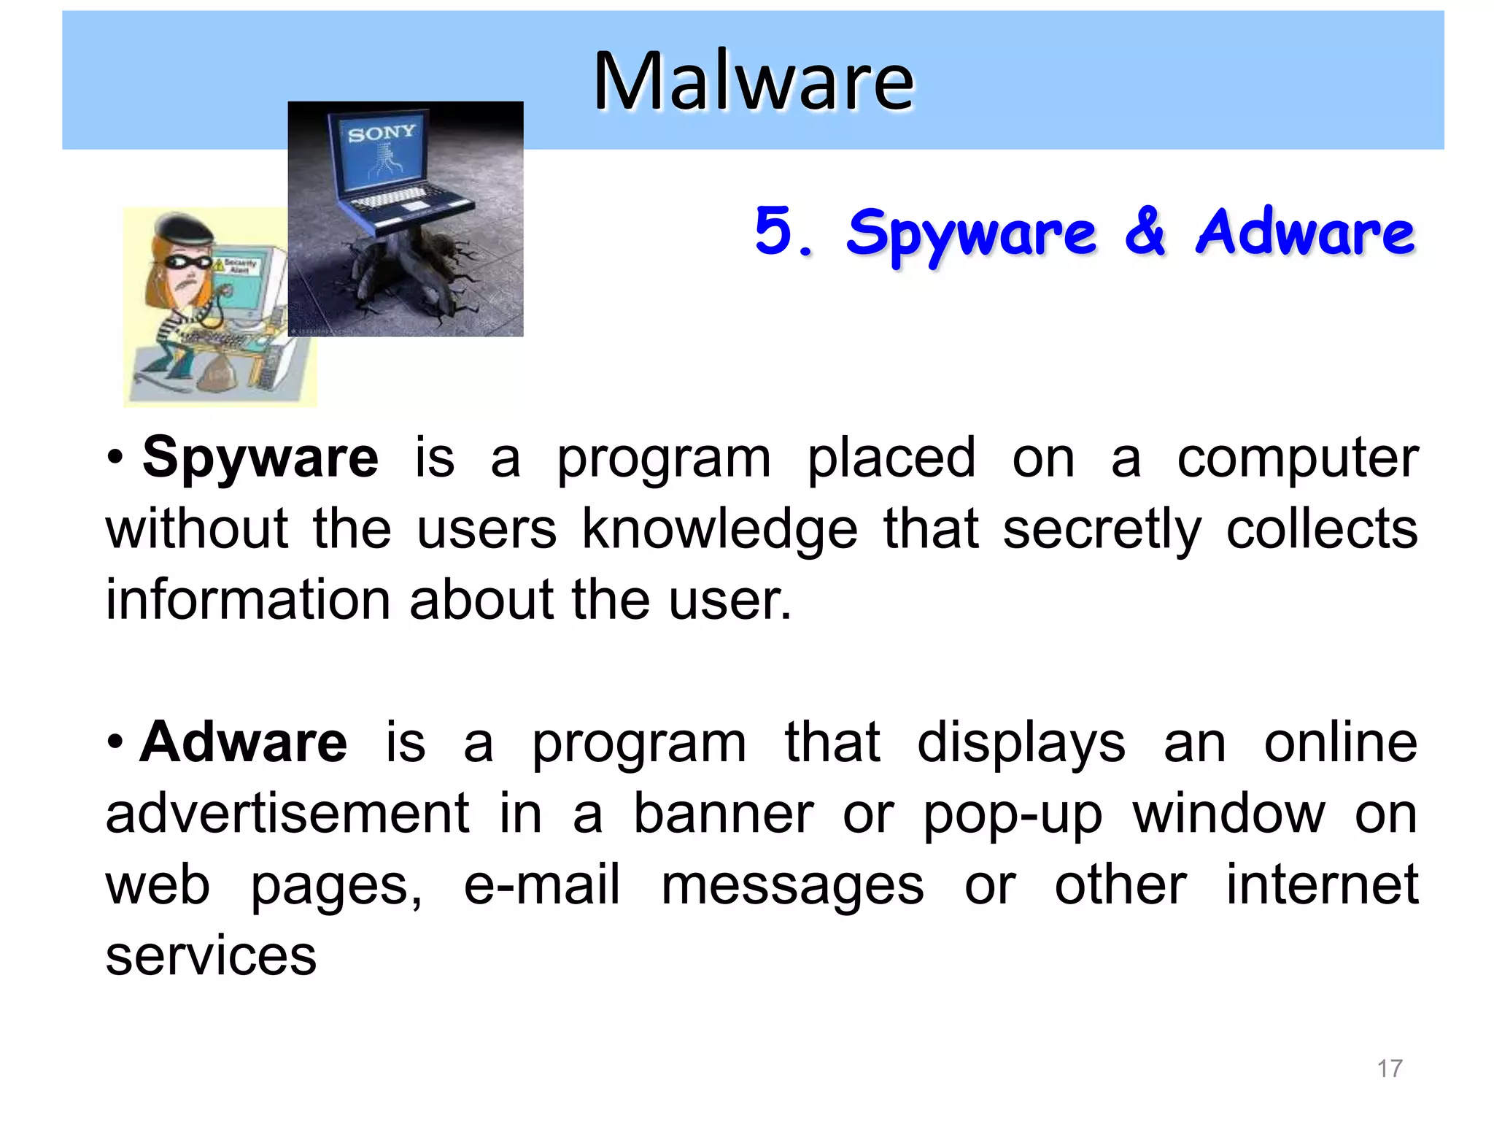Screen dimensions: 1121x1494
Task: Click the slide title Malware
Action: pyautogui.click(x=753, y=81)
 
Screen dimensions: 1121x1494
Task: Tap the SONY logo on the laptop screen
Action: pyautogui.click(x=382, y=134)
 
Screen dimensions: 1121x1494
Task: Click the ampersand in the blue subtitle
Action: pyautogui.click(x=1145, y=231)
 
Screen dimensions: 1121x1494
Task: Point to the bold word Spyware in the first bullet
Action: pyautogui.click(x=260, y=458)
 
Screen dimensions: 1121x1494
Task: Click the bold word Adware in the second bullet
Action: pyautogui.click(x=244, y=742)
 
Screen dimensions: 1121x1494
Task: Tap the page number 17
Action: pyautogui.click(x=1390, y=1068)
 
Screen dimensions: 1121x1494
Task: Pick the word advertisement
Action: pyautogui.click(x=287, y=813)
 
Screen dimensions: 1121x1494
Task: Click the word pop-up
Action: pyautogui.click(x=1013, y=814)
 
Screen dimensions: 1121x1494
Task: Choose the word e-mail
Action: pyautogui.click(x=542, y=885)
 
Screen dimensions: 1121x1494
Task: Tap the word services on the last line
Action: pyautogui.click(x=211, y=955)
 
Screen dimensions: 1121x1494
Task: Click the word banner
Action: pyautogui.click(x=723, y=813)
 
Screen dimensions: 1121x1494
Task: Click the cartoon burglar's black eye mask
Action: pyautogui.click(x=185, y=261)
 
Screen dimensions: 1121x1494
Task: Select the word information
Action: pyautogui.click(x=248, y=600)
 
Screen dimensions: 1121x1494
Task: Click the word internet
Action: pyautogui.click(x=1321, y=885)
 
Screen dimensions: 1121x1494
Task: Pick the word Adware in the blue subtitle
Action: pyautogui.click(x=1305, y=232)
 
